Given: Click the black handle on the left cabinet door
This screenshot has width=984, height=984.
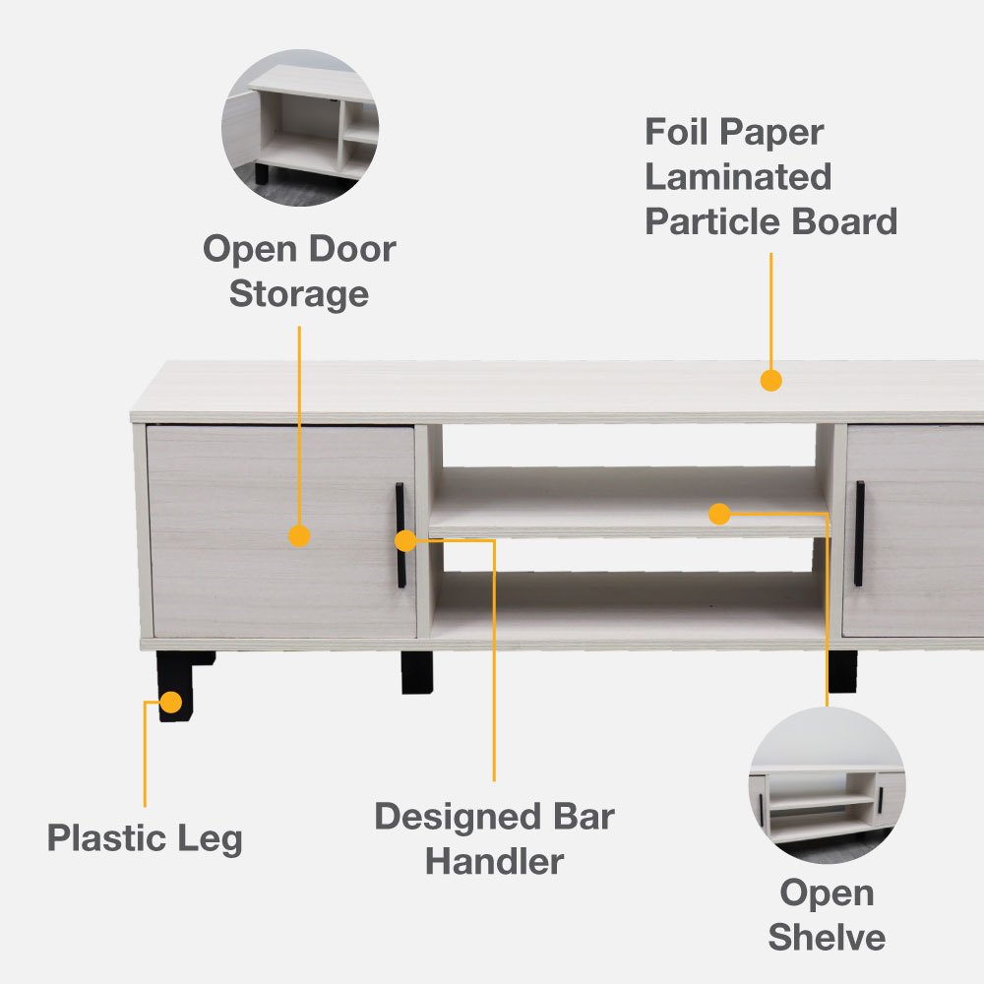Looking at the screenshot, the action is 400,535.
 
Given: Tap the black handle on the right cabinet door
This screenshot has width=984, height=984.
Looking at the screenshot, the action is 859,534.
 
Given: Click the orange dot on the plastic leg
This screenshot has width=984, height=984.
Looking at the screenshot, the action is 170,703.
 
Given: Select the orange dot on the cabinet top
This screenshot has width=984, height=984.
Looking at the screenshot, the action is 770,380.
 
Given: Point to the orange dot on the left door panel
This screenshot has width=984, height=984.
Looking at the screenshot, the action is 299,536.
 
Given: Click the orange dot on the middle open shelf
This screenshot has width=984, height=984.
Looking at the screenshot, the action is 719,514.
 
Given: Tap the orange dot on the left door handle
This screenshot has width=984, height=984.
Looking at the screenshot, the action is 406,540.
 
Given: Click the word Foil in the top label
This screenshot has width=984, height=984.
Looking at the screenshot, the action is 677,132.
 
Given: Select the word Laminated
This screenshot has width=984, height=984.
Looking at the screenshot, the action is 739,177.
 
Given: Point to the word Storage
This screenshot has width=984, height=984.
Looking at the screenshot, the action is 299,294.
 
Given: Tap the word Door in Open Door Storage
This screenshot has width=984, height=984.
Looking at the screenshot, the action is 352,249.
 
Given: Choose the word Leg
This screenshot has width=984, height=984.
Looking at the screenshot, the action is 211,839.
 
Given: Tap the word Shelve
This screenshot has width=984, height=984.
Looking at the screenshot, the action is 827,938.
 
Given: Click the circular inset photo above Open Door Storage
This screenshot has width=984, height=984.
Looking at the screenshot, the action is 300,127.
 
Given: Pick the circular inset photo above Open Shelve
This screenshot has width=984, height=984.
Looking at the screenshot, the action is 828,785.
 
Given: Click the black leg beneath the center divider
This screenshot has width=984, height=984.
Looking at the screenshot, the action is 416,672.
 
